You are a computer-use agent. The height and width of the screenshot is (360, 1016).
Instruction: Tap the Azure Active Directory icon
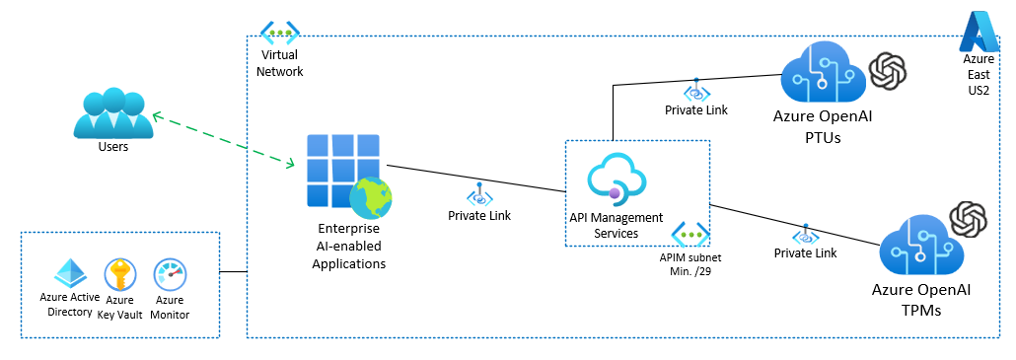point(69,273)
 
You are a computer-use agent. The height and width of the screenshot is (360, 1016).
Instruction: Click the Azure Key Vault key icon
point(119,273)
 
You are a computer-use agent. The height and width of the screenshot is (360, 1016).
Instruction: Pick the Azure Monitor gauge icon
point(170,274)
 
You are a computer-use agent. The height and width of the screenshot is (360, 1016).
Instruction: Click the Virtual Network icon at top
point(279,34)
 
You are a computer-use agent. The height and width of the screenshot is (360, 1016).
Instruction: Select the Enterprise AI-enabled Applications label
point(348,246)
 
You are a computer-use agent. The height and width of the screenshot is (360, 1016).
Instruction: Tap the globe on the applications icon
point(370,197)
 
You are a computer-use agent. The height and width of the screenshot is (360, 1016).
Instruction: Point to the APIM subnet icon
point(690,235)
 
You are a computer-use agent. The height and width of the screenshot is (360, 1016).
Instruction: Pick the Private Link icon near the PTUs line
point(696,90)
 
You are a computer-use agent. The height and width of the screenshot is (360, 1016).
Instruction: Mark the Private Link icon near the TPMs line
point(805,236)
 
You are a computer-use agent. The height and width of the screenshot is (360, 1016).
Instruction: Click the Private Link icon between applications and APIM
point(479,192)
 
